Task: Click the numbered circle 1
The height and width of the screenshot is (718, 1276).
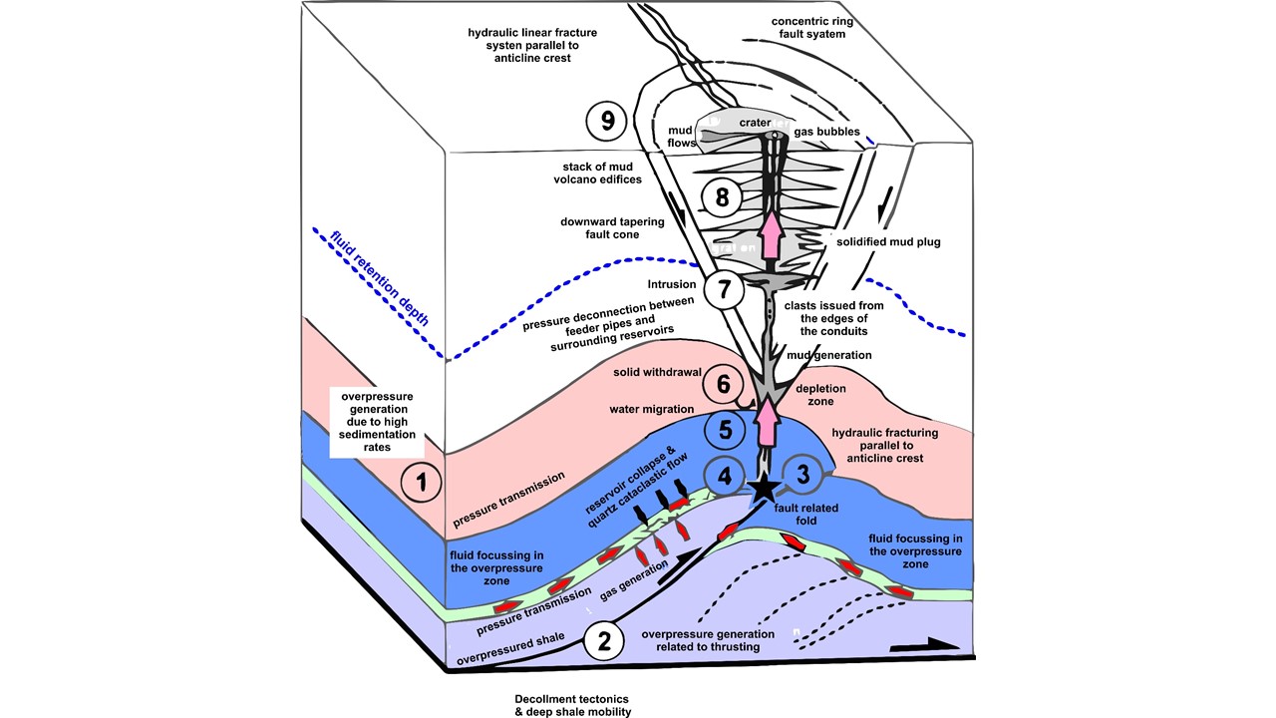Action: tap(422, 484)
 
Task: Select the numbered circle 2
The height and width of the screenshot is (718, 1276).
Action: tap(603, 641)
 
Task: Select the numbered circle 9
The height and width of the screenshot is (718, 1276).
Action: tap(607, 122)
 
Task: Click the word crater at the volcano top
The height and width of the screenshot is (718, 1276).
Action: tap(756, 122)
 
